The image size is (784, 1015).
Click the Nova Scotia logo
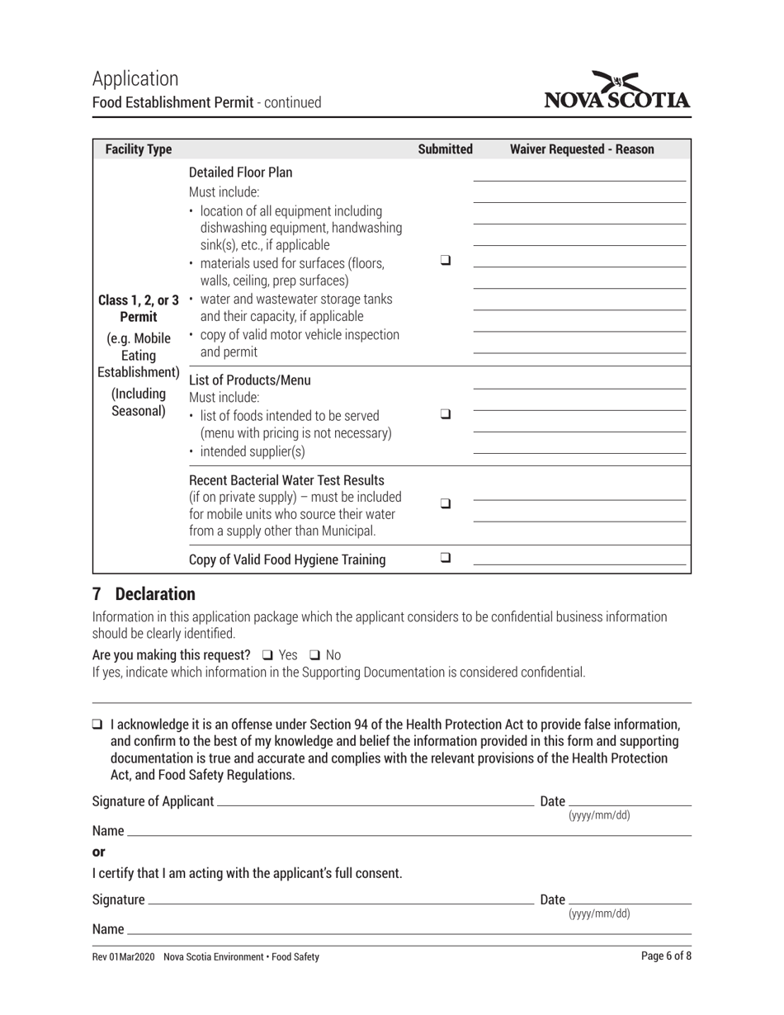coord(617,92)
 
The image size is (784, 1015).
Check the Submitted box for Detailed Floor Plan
coord(446,260)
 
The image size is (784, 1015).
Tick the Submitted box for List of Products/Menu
coord(446,414)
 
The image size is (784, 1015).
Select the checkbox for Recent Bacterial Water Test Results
coord(446,503)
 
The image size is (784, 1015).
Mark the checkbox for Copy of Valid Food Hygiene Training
coord(446,558)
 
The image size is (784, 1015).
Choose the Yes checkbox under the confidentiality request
coord(267,654)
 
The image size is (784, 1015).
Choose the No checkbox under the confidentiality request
coord(314,654)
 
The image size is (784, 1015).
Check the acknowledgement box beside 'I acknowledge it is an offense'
coord(98,725)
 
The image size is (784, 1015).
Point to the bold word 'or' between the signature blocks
coord(99,852)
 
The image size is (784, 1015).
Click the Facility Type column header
coord(139,149)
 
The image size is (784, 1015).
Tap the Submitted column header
coord(445,149)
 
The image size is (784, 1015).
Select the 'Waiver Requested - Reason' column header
coord(582,149)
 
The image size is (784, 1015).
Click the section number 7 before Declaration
coord(97,594)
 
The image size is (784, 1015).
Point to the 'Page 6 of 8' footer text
coord(666,956)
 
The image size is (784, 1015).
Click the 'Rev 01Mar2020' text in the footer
coord(123,956)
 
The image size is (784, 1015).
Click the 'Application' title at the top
coord(135,78)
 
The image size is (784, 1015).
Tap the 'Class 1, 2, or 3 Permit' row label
coord(138,309)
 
